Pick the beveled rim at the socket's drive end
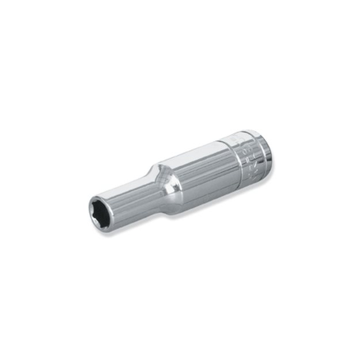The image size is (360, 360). (x=266, y=151)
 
